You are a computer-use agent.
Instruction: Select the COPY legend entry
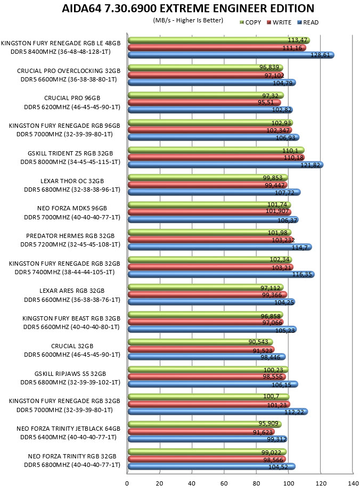point(251,22)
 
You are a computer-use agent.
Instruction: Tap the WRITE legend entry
point(279,22)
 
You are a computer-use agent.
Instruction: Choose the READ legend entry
point(308,22)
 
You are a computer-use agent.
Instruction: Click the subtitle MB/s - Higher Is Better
point(188,20)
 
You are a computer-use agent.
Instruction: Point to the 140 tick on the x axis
point(353,483)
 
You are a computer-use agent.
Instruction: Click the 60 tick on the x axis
point(224,483)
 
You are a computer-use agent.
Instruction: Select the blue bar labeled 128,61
point(231,55)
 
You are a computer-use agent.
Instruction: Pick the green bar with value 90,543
point(201,342)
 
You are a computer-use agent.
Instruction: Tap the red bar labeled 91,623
point(201,432)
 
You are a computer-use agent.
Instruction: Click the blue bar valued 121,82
point(226,165)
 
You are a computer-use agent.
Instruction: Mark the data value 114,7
point(300,248)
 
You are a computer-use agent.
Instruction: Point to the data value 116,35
point(302,275)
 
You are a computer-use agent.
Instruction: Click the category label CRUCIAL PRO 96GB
point(72,98)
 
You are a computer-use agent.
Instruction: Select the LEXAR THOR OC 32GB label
point(72,181)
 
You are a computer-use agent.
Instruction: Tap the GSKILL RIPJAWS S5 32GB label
point(70,374)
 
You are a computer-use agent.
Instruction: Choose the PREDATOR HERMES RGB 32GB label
point(70,236)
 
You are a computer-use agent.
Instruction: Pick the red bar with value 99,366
point(208,294)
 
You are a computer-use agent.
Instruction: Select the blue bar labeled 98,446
point(207,357)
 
